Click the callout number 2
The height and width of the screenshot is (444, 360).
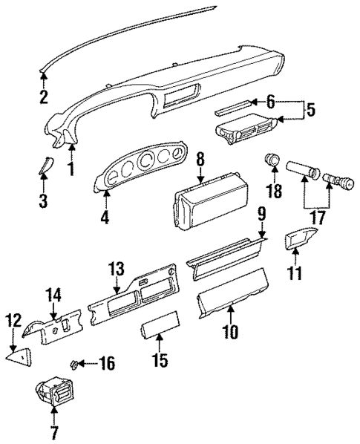44,97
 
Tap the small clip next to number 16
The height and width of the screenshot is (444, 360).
74,364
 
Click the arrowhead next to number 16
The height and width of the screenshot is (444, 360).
83,364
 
